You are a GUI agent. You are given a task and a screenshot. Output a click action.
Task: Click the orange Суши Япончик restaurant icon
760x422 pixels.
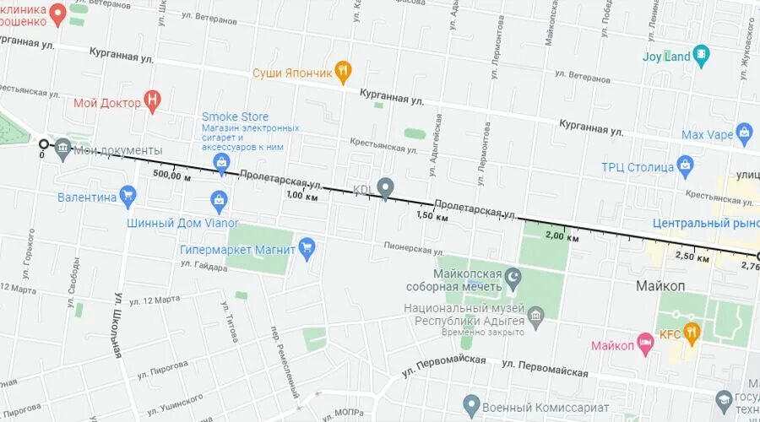343,72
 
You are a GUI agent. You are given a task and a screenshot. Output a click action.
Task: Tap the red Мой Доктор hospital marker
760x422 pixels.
153,102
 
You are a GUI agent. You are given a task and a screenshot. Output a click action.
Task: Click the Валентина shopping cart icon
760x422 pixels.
128,197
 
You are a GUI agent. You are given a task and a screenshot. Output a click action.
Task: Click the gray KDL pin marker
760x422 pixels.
386,187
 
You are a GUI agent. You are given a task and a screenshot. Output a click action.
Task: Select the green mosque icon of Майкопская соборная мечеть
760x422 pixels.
513,276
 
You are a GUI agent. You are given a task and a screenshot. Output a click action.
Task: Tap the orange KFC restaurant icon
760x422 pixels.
692,333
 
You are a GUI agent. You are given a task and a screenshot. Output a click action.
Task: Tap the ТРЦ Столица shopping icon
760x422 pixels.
685,165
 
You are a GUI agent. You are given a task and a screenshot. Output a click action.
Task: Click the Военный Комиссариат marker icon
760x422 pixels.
471,407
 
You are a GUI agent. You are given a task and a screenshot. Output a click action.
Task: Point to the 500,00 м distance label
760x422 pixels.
172,176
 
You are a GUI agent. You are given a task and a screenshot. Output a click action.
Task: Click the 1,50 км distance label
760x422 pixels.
432,217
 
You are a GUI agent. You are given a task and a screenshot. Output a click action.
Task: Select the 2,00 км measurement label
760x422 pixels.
562,237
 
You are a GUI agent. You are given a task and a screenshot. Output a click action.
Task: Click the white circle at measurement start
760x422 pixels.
43,144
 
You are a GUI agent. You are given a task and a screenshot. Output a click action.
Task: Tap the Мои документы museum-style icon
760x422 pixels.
63,150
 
